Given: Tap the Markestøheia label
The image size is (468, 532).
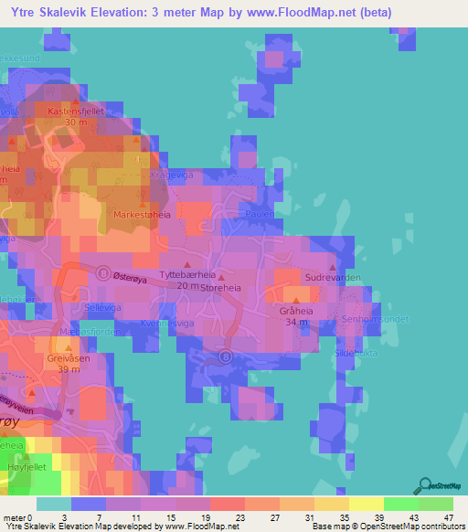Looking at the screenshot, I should [x=143, y=214].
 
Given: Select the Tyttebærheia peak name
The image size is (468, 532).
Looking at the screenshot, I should [x=186, y=274].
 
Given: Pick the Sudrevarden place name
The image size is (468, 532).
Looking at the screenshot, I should [x=334, y=275].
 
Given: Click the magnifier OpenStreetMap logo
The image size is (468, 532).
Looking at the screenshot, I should [x=426, y=485].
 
